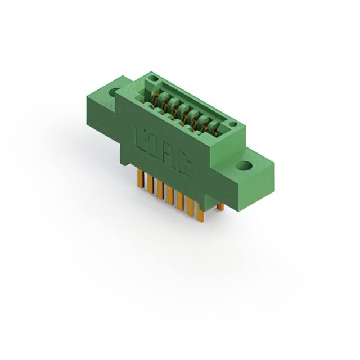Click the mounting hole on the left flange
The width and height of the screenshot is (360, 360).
(x=114, y=92)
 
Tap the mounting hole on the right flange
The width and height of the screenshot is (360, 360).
(x=245, y=166)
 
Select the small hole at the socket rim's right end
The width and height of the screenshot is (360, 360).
(x=231, y=124)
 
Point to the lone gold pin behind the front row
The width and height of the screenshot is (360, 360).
(x=220, y=207)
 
